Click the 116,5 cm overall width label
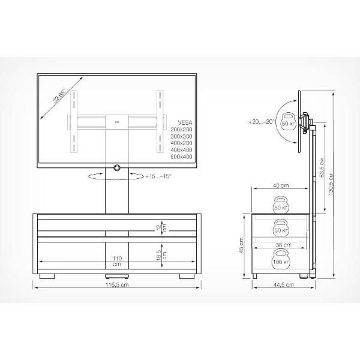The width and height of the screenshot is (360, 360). tap(117, 284)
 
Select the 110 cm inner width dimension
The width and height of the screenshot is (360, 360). tap(117, 261)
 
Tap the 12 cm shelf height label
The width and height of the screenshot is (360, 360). tap(162, 228)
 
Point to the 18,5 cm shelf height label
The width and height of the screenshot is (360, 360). tap(161, 255)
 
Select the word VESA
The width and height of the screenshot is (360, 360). tap(185, 122)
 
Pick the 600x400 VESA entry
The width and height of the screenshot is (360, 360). tap(181, 157)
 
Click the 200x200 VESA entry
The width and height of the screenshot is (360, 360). tap(181, 129)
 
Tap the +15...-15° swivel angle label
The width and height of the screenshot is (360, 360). tap(158, 176)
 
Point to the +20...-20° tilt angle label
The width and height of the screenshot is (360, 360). tap(262, 122)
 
